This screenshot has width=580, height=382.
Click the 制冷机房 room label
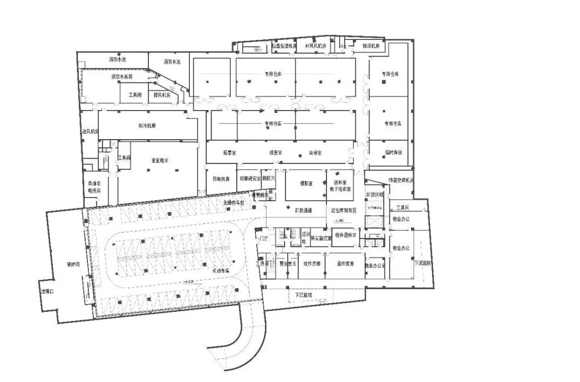coord(147,126)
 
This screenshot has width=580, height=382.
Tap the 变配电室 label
coord(159,161)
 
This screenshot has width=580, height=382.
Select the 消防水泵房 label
coord(122,77)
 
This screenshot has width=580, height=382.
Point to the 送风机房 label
coord(90,131)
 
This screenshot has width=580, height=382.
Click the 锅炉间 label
coord(73,264)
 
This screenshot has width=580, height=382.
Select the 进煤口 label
coord(48,291)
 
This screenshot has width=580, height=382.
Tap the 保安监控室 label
coord(320,237)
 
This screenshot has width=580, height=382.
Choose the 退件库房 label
coord(345,264)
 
